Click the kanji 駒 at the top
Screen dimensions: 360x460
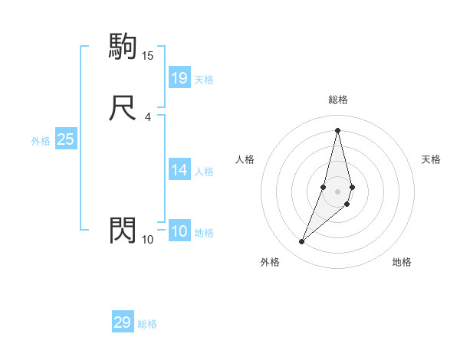123,47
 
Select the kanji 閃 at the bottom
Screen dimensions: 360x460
123,231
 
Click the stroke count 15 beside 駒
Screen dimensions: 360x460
147,56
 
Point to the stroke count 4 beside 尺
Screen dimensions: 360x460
147,117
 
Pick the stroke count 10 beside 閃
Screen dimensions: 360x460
147,240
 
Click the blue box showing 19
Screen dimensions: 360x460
179,77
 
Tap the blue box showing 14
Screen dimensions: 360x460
179,170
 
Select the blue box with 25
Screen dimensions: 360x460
66,139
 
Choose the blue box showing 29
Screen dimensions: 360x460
122,322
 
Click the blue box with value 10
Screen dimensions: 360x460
179,231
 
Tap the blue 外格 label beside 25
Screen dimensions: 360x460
40,141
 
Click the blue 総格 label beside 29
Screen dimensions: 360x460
147,324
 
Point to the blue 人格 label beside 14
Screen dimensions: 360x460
204,172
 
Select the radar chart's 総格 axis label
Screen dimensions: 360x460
338,100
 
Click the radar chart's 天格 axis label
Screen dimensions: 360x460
431,159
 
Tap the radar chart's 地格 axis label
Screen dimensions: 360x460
402,262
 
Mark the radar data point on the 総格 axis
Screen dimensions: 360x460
337,130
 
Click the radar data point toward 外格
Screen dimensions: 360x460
301,242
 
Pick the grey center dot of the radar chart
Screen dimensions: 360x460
337,191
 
